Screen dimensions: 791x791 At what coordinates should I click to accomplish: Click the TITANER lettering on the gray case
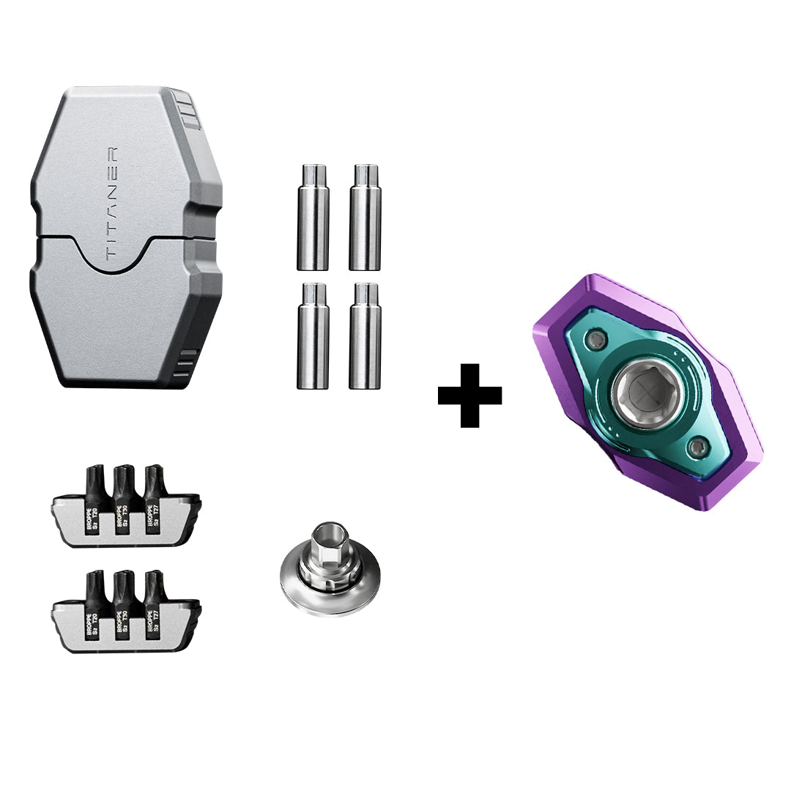pos(112,204)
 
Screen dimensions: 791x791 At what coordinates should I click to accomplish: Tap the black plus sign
pos(469,395)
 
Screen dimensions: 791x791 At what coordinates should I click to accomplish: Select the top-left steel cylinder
pos(313,218)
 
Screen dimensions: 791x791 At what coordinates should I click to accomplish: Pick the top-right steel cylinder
pos(365,218)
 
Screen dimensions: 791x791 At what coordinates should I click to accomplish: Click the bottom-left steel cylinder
pos(313,336)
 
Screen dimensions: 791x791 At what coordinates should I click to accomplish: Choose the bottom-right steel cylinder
pos(365,336)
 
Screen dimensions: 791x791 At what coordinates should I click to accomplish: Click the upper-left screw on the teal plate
pos(599,338)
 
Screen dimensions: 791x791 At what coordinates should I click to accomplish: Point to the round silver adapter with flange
pos(330,582)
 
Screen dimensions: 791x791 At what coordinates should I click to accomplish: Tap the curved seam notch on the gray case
pos(113,256)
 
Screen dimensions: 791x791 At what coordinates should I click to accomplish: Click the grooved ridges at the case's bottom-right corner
pos(187,364)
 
